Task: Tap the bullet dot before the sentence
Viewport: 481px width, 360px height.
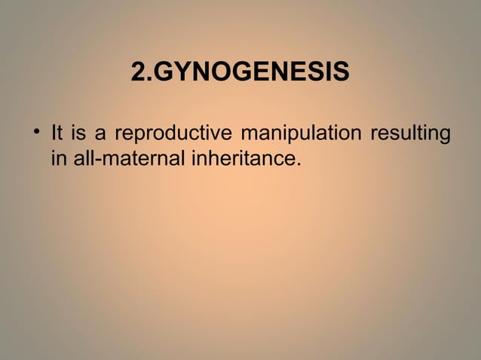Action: [x=35, y=136]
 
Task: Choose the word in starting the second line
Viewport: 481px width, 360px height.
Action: [x=57, y=159]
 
